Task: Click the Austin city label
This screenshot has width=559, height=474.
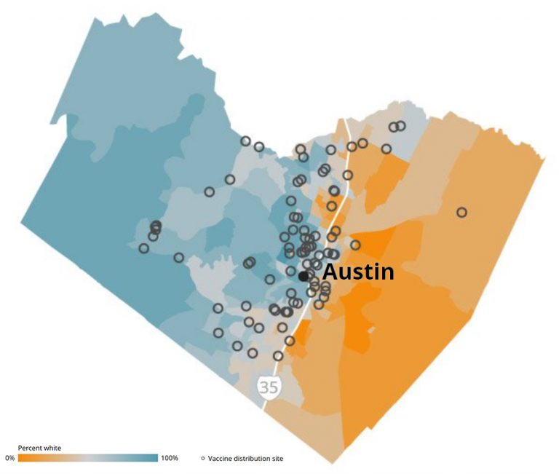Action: (358, 272)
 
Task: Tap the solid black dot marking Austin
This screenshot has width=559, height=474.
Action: (303, 276)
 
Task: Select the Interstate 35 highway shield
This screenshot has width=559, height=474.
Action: (269, 387)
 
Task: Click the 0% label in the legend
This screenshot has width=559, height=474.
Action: (9, 458)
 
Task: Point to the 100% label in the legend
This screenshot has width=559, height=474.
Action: (170, 458)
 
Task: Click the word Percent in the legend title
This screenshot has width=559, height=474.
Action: (31, 447)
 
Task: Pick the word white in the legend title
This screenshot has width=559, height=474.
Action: (53, 447)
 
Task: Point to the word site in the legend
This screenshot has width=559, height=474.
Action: (277, 458)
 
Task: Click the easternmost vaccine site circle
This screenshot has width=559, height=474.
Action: (461, 213)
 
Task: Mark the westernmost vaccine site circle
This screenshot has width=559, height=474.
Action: (144, 248)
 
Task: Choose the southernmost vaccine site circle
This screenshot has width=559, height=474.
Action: (278, 356)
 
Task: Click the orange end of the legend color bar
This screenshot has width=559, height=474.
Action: (22, 458)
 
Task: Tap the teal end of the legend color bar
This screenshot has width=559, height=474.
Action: (153, 458)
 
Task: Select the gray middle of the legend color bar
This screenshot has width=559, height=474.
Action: (87, 458)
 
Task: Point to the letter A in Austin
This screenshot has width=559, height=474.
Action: (330, 273)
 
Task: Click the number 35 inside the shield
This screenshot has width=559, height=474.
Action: (269, 387)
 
